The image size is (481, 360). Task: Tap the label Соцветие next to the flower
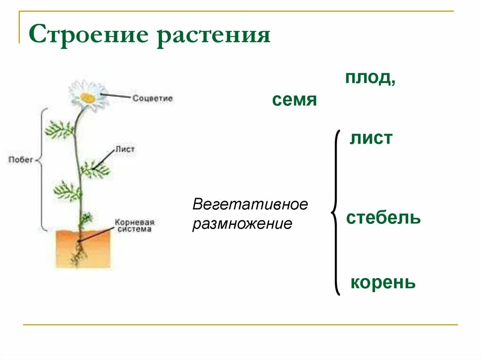[152, 99]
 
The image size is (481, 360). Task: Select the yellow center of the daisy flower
[87, 98]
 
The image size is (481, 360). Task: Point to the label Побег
[21, 160]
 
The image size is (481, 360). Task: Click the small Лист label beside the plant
[125, 149]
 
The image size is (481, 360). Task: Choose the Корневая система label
[134, 225]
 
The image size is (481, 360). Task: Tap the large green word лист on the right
[371, 138]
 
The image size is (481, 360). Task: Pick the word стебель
[383, 218]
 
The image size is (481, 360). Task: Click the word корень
[383, 283]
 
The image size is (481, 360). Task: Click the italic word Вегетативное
[250, 205]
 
